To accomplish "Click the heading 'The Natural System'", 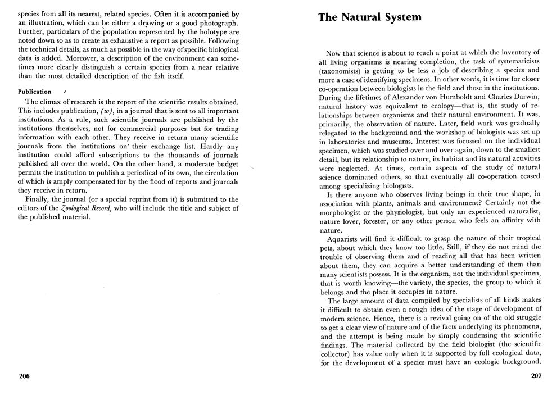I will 369,17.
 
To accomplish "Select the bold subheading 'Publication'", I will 34,92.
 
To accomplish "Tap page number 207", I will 536,376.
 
